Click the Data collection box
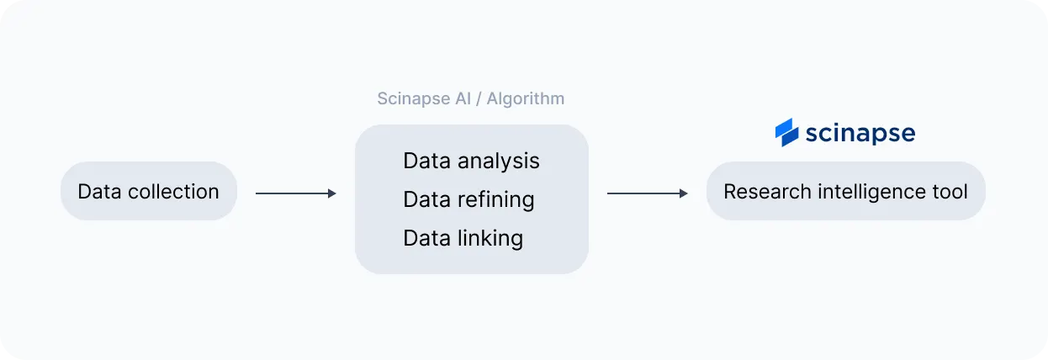tap(149, 192)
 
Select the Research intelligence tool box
tap(845, 192)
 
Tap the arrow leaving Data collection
tap(295, 193)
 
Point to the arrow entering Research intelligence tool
tap(647, 193)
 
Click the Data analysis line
tap(471, 161)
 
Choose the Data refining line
tap(468, 199)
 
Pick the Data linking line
tap(463, 238)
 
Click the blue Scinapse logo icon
tap(786, 133)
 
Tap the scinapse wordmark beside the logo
tap(860, 133)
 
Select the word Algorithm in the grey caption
tap(526, 99)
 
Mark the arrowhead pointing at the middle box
tap(332, 193)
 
